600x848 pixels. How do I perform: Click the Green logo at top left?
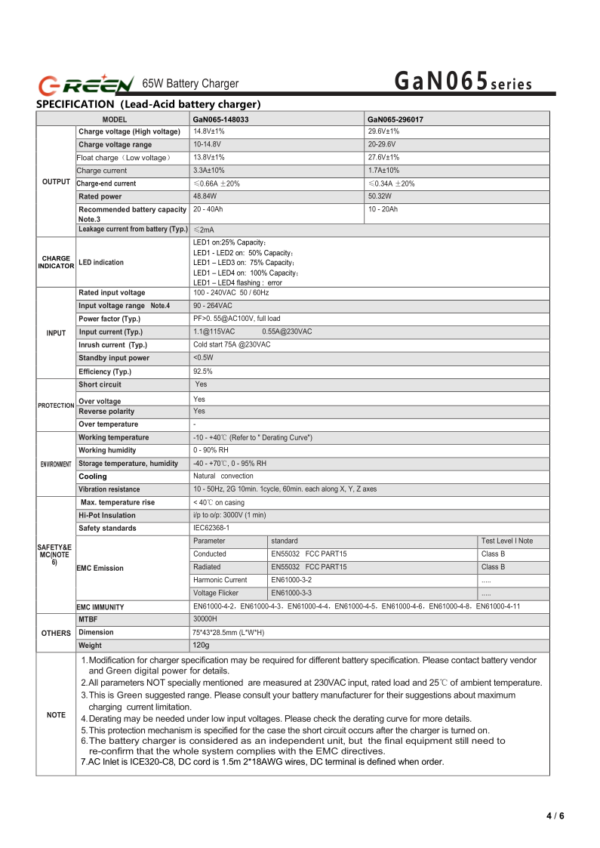coord(86,83)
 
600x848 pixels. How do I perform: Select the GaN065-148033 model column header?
coord(221,119)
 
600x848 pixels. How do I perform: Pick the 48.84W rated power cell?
coord(206,196)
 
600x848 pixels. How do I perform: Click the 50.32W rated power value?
coord(381,196)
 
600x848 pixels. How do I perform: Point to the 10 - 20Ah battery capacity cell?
coord(383,209)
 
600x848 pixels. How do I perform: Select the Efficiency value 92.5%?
coord(203,372)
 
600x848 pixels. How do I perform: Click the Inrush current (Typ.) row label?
coord(112,345)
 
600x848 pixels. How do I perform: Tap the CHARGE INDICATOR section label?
coord(56,262)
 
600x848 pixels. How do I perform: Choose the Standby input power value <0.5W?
coord(203,358)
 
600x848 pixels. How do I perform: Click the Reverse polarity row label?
coord(106,412)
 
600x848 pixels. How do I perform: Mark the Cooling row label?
coord(93,476)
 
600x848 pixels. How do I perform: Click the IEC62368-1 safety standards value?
coord(211,528)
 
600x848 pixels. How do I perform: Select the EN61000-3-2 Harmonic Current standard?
coord(291,580)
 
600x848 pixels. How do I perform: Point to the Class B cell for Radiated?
coord(493,567)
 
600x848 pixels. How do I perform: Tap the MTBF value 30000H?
coord(206,619)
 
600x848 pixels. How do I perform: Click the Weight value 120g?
coord(201,646)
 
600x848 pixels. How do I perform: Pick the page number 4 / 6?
coord(555,816)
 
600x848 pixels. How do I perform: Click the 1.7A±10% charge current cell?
coord(383,171)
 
